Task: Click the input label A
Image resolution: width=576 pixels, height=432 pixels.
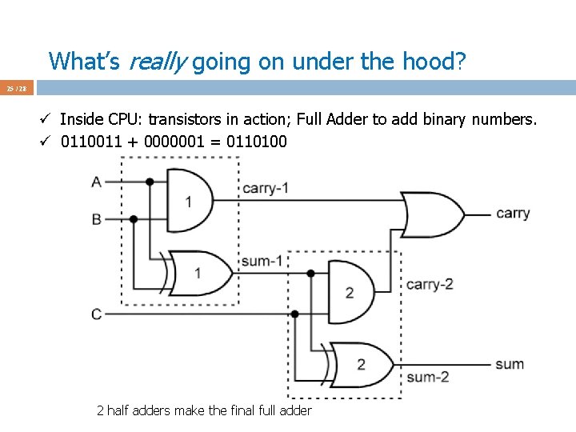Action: tap(97, 182)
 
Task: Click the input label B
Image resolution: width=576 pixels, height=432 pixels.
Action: tap(97, 218)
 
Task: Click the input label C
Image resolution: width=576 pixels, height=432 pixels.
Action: tap(97, 314)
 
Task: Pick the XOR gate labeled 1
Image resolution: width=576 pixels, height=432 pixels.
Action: tap(194, 273)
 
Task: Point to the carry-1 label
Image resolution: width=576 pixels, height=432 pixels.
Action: tap(265, 189)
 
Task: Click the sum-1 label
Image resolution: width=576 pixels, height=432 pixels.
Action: tap(262, 261)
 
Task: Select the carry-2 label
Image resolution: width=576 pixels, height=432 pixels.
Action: tap(430, 284)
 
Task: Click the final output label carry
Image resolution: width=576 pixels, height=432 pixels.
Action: tap(513, 213)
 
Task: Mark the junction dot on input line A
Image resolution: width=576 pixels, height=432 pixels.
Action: tap(150, 182)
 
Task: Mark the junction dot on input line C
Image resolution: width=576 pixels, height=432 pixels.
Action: tap(295, 314)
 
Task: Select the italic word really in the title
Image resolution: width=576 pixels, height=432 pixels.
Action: tap(158, 61)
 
